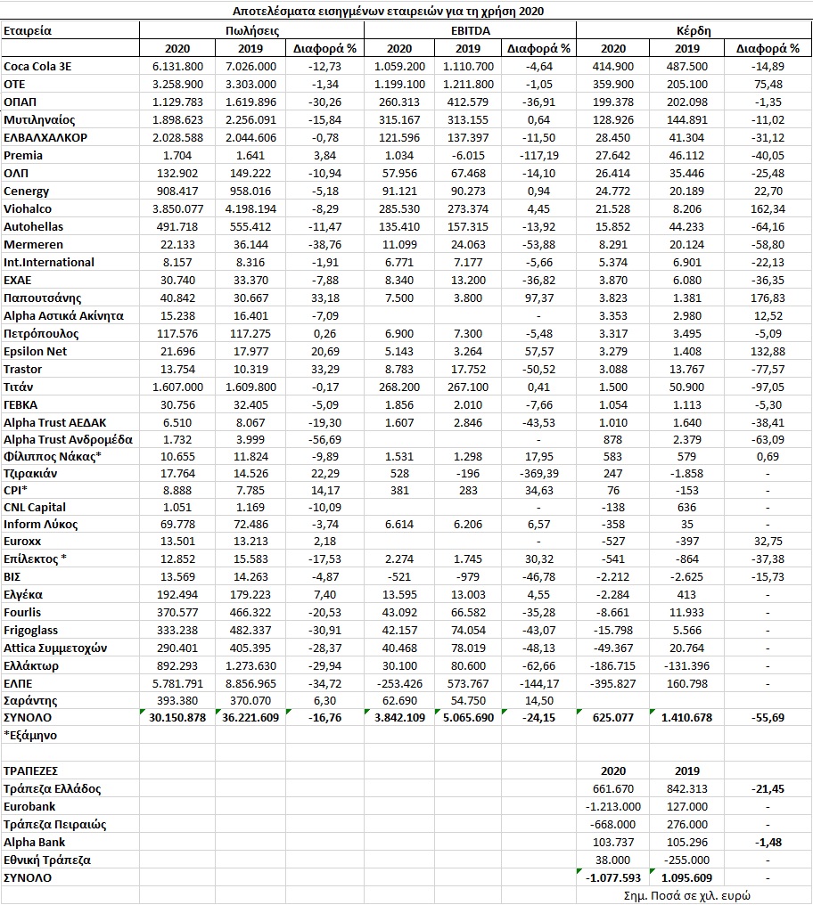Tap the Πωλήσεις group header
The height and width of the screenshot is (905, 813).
[x=252, y=30]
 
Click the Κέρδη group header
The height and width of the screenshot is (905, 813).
[x=694, y=30]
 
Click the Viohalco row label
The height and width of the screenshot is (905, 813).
[x=28, y=208]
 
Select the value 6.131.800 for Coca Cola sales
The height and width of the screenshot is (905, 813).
[x=177, y=66]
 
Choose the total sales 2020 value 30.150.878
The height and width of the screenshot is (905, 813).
[x=177, y=717]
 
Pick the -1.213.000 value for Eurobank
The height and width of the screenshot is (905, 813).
[x=612, y=806]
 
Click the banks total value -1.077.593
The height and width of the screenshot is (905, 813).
[x=612, y=877]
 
